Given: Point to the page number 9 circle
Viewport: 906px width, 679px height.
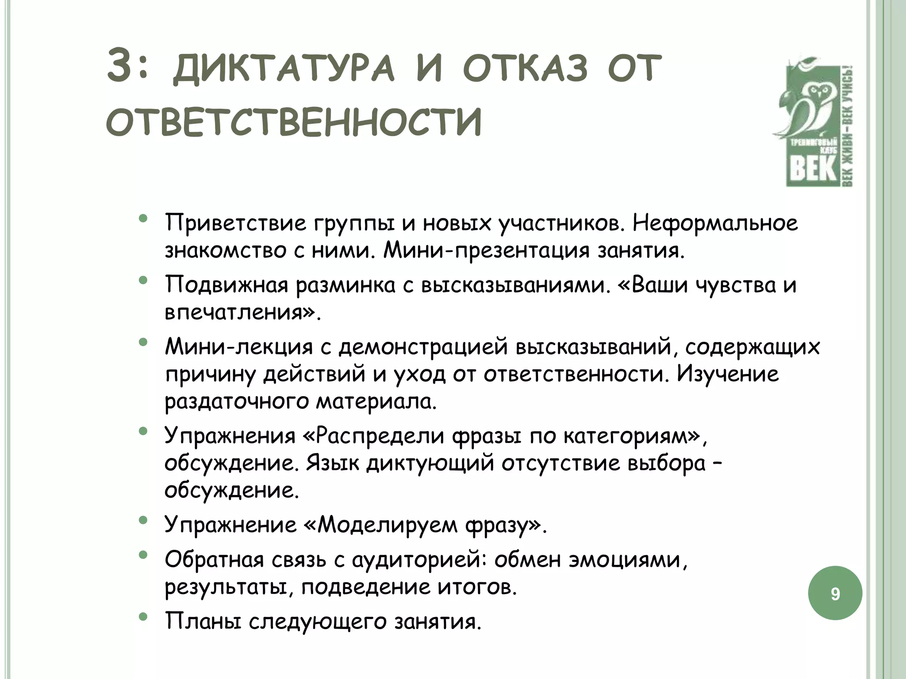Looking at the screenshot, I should tap(835, 593).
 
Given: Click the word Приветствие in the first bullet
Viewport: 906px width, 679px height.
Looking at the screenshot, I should tap(236, 224).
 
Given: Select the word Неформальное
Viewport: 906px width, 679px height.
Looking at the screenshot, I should tap(715, 223).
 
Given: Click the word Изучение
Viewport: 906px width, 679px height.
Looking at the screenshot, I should tap(728, 374).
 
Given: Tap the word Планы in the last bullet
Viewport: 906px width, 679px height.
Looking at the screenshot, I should tap(203, 622).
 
